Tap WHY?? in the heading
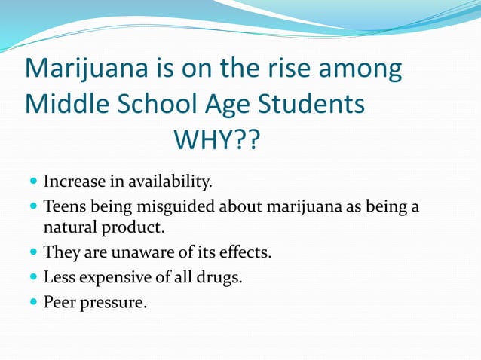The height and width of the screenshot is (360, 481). pyautogui.click(x=216, y=139)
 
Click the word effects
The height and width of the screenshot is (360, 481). pyautogui.click(x=247, y=252)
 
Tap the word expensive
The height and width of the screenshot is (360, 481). pyautogui.click(x=111, y=277)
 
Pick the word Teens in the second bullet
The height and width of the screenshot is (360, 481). pyautogui.click(x=63, y=206)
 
